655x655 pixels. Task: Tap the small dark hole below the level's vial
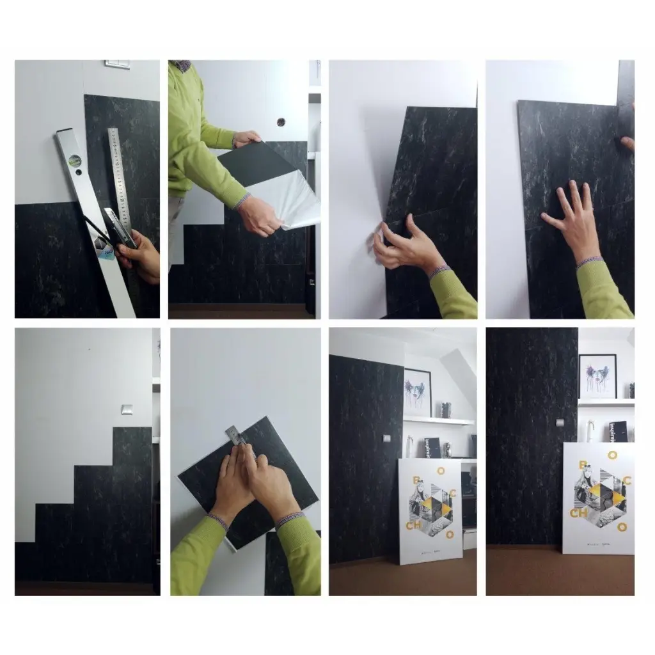coord(78,172)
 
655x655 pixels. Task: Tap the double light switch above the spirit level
coord(117,64)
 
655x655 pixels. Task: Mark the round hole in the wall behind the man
coord(280,121)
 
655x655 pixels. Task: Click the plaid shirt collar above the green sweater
coord(182,65)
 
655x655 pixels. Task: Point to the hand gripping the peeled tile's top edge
coord(246,138)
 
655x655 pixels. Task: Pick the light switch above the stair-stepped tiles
coord(127,409)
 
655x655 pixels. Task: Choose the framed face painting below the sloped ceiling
coord(417,392)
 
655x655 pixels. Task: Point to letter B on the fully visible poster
coord(416,479)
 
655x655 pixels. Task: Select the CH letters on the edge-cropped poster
coord(578,512)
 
